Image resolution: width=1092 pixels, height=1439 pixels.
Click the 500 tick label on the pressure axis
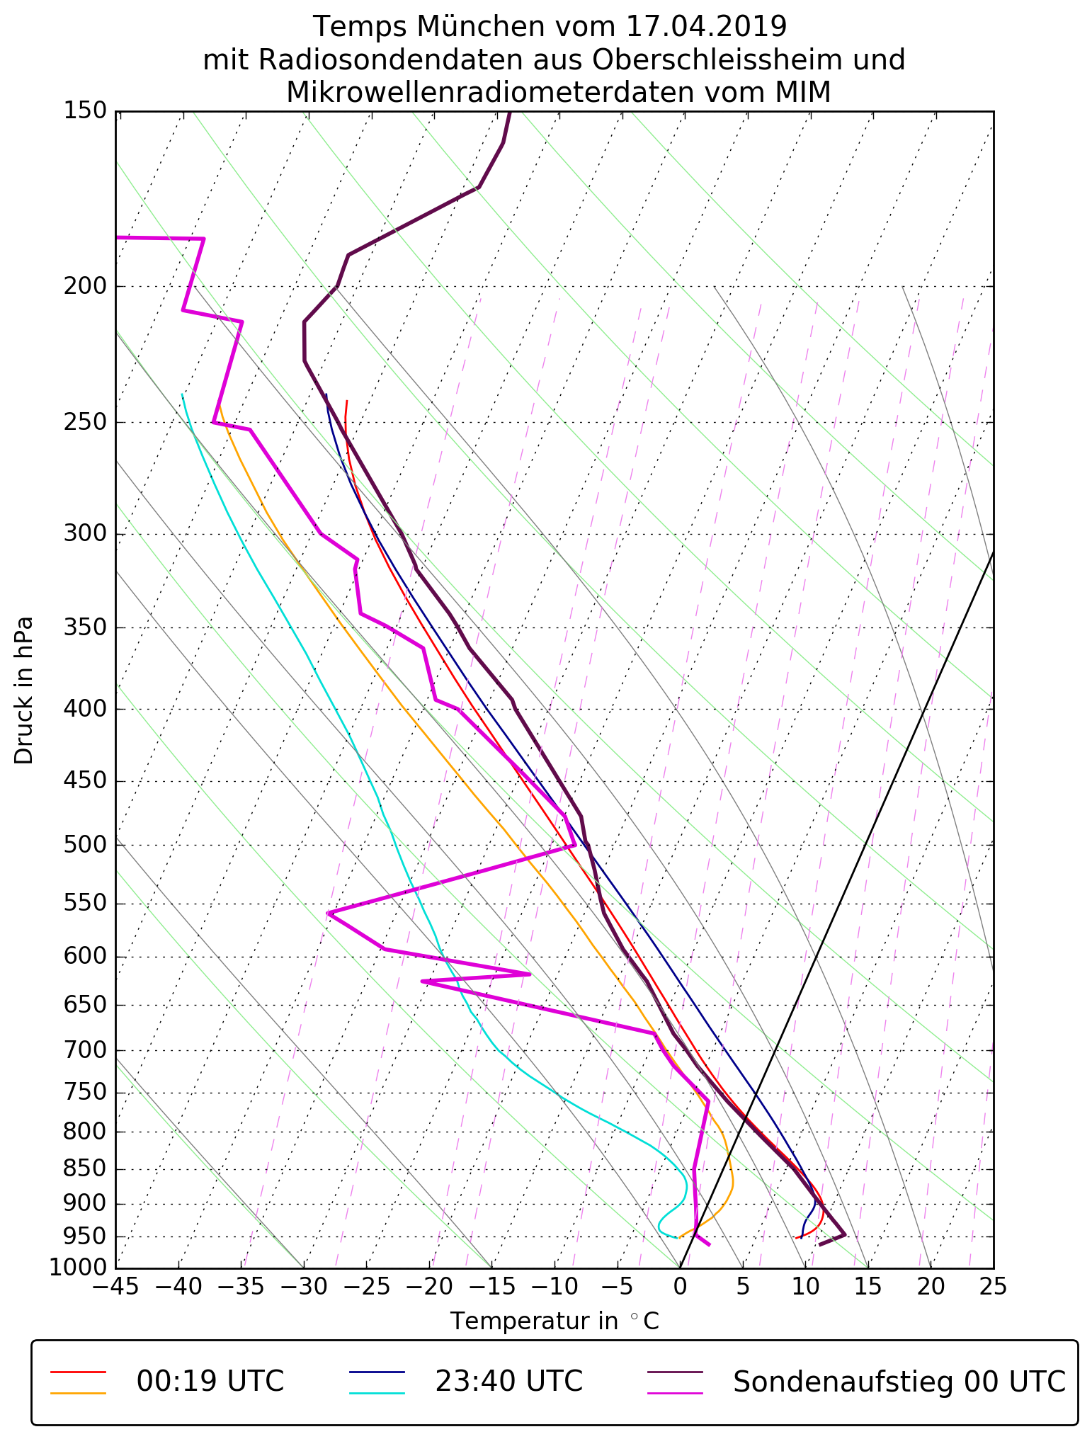(84, 845)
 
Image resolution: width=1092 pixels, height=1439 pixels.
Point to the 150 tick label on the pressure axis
(84, 111)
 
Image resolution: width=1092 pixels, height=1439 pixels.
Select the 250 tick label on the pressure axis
(84, 422)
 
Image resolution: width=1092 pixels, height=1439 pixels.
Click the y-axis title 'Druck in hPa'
(24, 690)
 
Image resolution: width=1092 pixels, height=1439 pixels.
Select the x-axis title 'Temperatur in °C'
(554, 1321)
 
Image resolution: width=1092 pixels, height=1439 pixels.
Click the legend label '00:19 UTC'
(210, 1382)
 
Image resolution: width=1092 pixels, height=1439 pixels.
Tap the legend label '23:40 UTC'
(508, 1382)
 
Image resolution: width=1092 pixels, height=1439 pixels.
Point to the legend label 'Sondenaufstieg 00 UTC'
(899, 1382)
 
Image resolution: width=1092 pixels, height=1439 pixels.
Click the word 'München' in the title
(482, 27)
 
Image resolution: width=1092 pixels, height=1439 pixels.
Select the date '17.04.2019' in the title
(706, 27)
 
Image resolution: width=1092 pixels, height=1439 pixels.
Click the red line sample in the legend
(78, 1372)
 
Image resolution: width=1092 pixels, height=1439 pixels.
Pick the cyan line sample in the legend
(377, 1393)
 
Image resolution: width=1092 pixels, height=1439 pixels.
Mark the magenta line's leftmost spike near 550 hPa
(329, 914)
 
